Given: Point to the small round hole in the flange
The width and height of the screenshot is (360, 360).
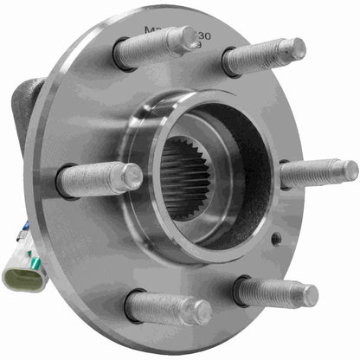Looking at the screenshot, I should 275,238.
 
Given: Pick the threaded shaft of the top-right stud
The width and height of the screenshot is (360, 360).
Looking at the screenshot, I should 258,57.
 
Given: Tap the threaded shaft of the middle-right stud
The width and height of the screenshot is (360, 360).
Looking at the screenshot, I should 312,173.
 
